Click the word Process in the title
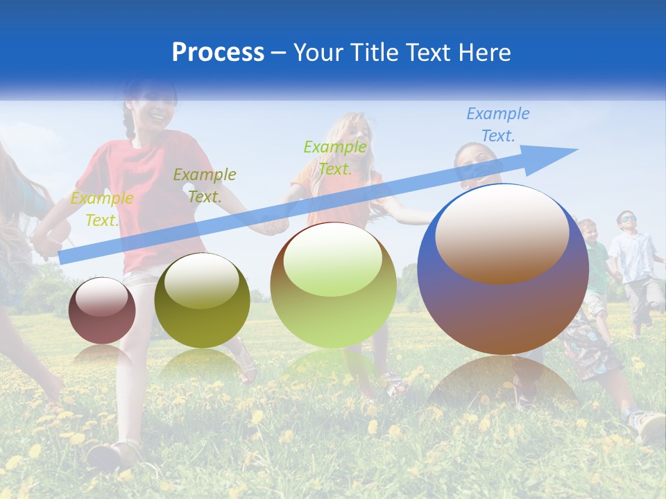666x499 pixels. click(218, 53)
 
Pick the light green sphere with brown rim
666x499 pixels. click(333, 285)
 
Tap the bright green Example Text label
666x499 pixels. click(335, 157)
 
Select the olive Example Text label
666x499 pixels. click(205, 185)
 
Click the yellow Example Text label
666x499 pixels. click(102, 209)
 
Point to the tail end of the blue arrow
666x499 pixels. click(62, 258)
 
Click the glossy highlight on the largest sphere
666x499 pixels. click(502, 232)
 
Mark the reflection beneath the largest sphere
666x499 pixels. click(503, 381)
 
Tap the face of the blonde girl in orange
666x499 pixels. click(352, 132)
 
